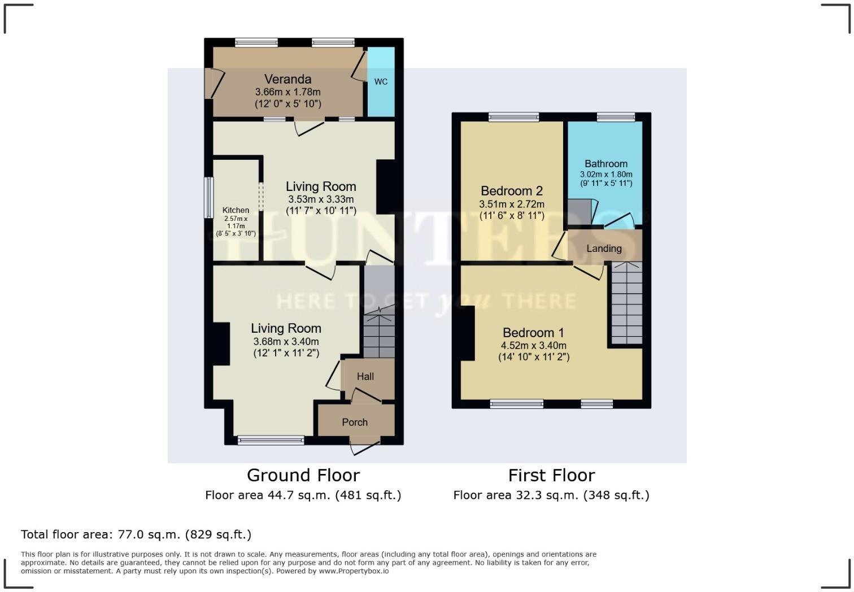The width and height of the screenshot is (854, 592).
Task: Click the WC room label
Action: (x=381, y=81)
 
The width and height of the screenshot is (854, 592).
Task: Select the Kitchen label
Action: (x=236, y=210)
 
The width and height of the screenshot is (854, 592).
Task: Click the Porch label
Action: (x=355, y=422)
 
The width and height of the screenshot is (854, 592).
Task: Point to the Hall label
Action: (x=365, y=376)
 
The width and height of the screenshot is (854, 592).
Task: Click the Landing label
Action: (x=604, y=249)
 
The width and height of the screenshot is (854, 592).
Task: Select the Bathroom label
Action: (x=605, y=164)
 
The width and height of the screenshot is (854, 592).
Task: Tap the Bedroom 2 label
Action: (x=511, y=191)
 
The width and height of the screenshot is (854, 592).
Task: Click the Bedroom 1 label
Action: (x=533, y=333)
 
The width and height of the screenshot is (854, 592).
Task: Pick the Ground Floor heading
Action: (x=303, y=475)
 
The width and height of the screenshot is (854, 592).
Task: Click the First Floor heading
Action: (x=551, y=475)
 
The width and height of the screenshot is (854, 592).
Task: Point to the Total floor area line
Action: (x=136, y=534)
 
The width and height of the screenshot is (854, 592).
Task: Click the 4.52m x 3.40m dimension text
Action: (x=533, y=346)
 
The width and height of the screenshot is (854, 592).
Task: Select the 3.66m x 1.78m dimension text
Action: (x=287, y=92)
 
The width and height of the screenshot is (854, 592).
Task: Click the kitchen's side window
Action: (x=208, y=198)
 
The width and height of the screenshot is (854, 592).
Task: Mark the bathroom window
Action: (x=616, y=117)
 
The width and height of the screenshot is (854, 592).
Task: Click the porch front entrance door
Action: (x=363, y=447)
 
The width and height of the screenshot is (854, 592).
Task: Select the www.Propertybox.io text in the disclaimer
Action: (x=354, y=571)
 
